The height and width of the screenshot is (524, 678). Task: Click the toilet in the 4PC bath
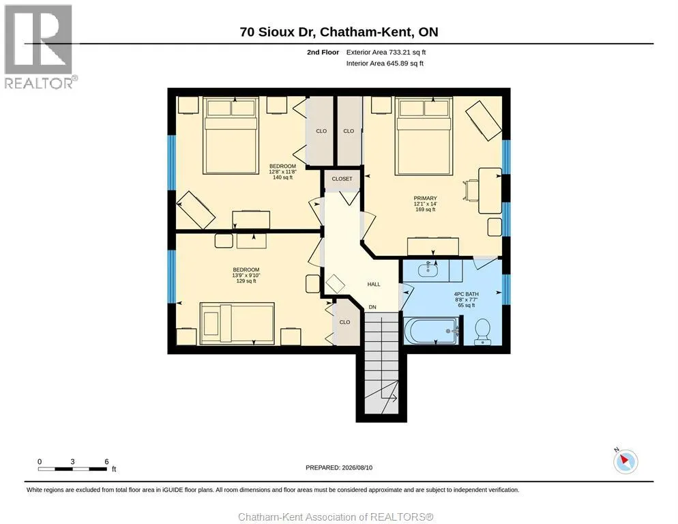coord(482,332)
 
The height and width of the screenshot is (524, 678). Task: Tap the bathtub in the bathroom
coord(430,331)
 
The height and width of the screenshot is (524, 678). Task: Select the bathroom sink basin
coord(428,270)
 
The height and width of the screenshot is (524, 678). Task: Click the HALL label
coord(374,285)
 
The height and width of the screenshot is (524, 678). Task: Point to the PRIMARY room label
coord(425,198)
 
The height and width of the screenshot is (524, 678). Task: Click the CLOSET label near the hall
coord(342,179)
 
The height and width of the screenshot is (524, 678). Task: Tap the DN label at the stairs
coord(372,307)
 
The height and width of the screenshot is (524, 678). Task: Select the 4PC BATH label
coord(466,294)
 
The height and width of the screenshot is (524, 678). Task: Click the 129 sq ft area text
coord(246,281)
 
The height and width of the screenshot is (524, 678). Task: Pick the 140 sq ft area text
coord(283,177)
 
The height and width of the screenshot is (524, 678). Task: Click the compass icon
coord(625,461)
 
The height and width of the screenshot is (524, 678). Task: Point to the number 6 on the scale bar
coord(106,462)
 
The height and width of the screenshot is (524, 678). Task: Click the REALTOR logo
coord(40,46)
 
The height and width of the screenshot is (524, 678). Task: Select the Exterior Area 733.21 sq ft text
coord(386,53)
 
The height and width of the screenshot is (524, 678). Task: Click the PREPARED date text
coord(339,468)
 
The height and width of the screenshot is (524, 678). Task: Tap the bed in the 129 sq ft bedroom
coord(237,323)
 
